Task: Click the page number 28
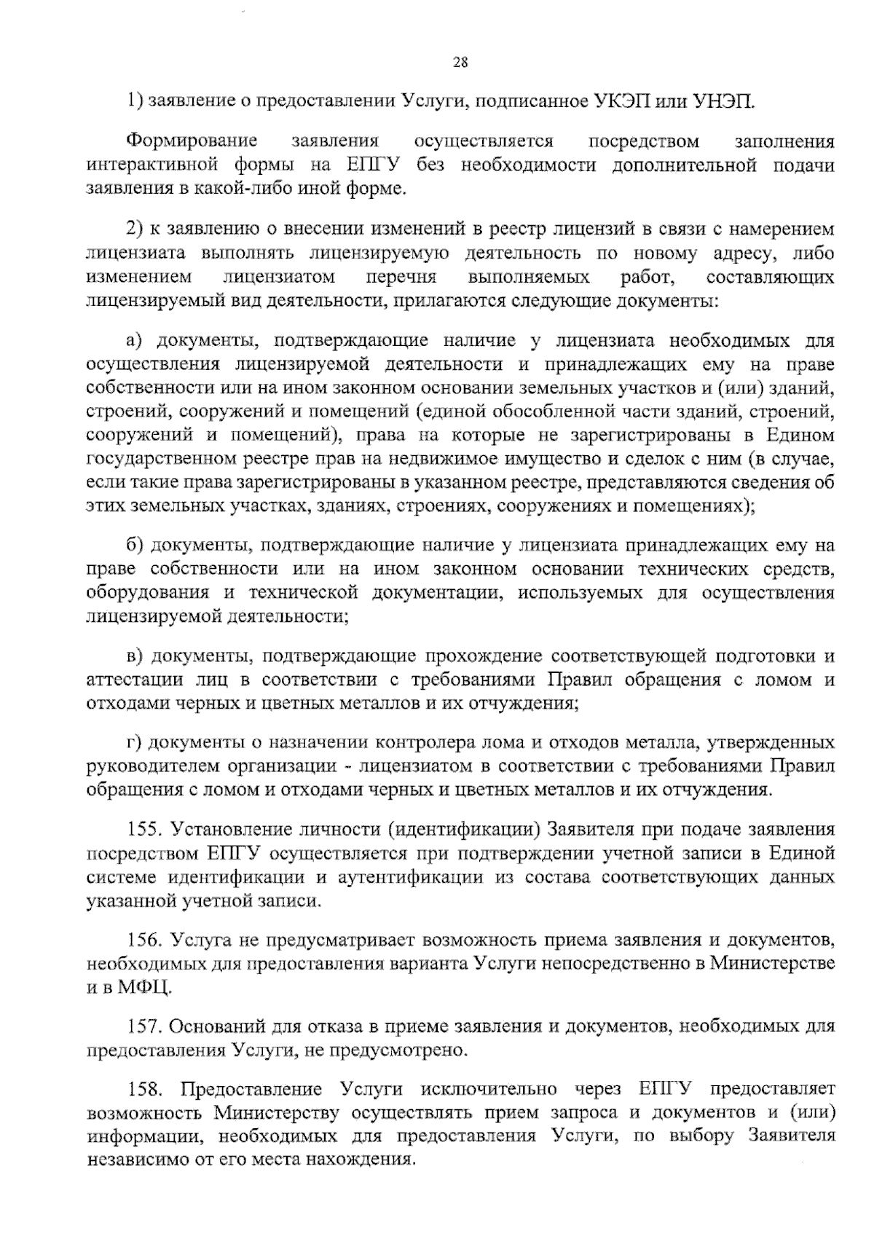pyautogui.click(x=460, y=63)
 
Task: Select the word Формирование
pyautogui.click(x=192, y=141)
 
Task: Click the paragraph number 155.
pyautogui.click(x=143, y=830)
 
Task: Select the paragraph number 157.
pyautogui.click(x=143, y=1026)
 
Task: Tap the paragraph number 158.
pyautogui.click(x=143, y=1090)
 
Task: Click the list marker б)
pyautogui.click(x=134, y=545)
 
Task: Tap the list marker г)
pyautogui.click(x=133, y=743)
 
